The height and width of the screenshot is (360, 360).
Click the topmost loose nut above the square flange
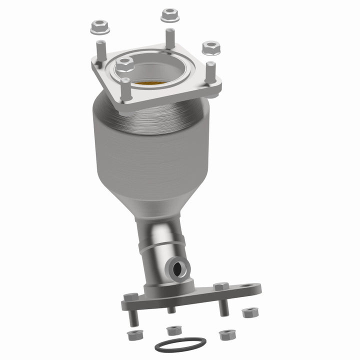coord(170,15)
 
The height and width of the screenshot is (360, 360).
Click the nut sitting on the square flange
coord(124,64)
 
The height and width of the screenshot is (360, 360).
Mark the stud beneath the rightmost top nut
coord(210,71)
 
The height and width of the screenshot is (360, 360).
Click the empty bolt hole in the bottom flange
coord(246,287)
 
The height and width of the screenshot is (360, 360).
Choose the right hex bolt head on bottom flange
coord(220,286)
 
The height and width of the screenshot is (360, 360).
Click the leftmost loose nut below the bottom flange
coord(133,334)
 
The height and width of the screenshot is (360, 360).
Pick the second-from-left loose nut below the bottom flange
coord(173,330)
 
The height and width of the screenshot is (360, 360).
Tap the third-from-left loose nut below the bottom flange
coord(227,333)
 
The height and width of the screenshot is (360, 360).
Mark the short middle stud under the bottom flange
coord(171,310)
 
